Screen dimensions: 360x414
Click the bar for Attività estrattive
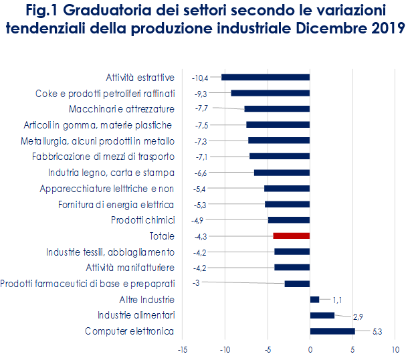[x=266, y=77]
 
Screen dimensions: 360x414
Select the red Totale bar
[x=292, y=236]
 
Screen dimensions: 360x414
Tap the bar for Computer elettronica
[x=332, y=331]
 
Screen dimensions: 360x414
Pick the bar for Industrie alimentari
[x=322, y=315]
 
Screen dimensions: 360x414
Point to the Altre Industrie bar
[x=314, y=299]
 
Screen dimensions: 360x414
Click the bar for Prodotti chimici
[x=289, y=219]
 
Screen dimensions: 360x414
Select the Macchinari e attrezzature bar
[x=277, y=108]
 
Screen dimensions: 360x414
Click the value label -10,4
[x=200, y=78]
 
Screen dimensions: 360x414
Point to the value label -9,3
[x=201, y=94]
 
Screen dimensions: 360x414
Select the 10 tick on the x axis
[x=395, y=349]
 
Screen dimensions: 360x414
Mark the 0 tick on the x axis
[x=310, y=349]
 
